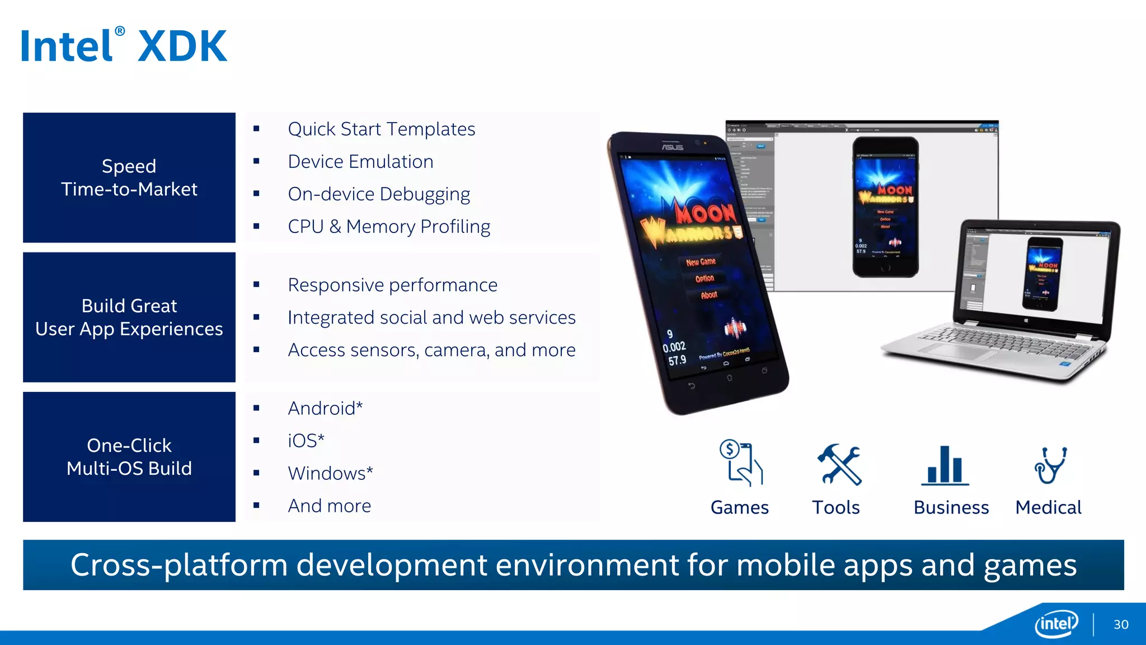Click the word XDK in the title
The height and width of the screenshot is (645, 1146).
pyautogui.click(x=182, y=46)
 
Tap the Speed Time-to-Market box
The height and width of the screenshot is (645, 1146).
pyautogui.click(x=129, y=177)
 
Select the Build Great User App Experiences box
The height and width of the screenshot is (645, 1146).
pyautogui.click(x=129, y=317)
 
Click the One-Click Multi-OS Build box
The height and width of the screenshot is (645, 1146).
pyautogui.click(x=129, y=457)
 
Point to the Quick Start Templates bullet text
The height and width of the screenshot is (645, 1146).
pyautogui.click(x=381, y=129)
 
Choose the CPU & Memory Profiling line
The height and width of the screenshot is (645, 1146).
pyautogui.click(x=389, y=227)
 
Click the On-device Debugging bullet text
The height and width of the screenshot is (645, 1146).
pyautogui.click(x=379, y=194)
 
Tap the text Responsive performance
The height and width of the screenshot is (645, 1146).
pyautogui.click(x=392, y=285)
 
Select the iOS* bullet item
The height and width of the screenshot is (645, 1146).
pyautogui.click(x=306, y=441)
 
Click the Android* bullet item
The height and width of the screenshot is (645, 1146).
pyautogui.click(x=325, y=408)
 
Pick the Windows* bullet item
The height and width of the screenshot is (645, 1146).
pyautogui.click(x=330, y=473)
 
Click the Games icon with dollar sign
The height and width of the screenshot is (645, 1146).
pyautogui.click(x=740, y=462)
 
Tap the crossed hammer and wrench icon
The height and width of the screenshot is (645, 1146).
pyautogui.click(x=838, y=464)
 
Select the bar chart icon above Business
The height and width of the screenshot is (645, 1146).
pyautogui.click(x=945, y=465)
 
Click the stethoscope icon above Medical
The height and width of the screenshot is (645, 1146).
pyautogui.click(x=1050, y=465)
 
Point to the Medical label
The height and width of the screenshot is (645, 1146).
pyautogui.click(x=1048, y=507)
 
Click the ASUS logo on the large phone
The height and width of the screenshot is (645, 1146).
pyautogui.click(x=673, y=147)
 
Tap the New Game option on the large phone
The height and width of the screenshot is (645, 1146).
pyautogui.click(x=701, y=261)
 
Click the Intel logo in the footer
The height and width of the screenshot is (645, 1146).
pyautogui.click(x=1056, y=623)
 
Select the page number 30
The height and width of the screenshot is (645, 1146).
pyautogui.click(x=1121, y=624)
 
